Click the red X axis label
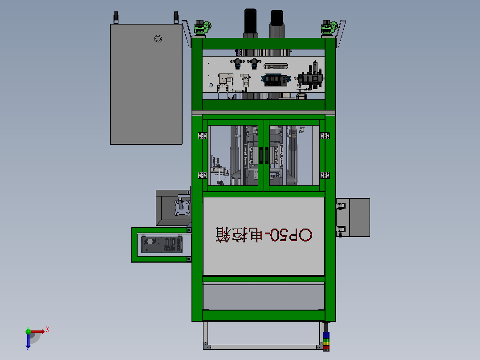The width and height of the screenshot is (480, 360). pos(48,330)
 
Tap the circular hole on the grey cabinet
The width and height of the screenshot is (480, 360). pos(158,39)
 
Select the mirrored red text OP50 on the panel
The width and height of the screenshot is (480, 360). pos(291,235)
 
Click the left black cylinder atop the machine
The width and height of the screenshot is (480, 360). pos(250,23)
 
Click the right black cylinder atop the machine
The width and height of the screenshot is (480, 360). pos(277,24)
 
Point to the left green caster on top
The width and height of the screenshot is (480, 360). pos(202,28)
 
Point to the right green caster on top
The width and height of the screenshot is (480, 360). pos(329,28)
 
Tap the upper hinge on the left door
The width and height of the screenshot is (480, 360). pos(202,135)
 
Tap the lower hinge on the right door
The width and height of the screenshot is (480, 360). pos(325,175)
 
